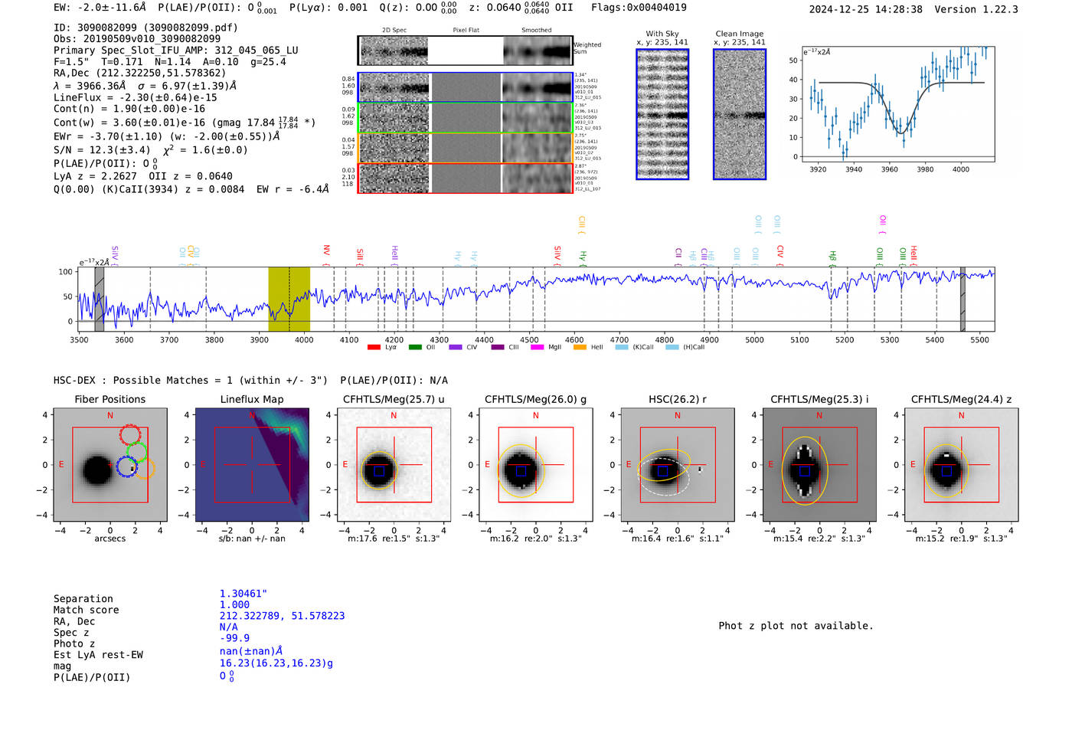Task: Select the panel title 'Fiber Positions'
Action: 109,399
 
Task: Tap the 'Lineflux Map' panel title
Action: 251,399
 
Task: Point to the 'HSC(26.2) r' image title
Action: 677,399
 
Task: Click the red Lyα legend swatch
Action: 374,348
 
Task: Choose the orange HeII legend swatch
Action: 580,348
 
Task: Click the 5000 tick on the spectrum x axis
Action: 754,339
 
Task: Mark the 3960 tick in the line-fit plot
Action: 889,169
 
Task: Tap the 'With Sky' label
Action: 662,34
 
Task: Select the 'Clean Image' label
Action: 739,34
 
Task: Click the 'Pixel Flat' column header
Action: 466,31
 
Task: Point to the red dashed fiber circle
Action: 130,434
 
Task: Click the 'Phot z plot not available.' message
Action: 796,626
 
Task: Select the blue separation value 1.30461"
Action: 243,594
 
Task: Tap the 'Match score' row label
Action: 86,610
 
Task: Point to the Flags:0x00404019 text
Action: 639,8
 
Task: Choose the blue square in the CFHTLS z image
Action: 946,471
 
